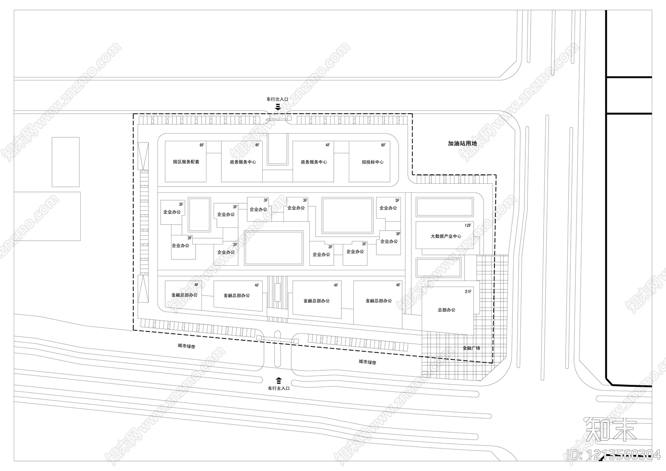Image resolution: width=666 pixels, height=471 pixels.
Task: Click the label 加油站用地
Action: (x=462, y=143)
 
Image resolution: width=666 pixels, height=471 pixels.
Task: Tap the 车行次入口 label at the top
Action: (x=277, y=100)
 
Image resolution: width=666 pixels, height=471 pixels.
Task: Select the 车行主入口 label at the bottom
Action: (x=278, y=388)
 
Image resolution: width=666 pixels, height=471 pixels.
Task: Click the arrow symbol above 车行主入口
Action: (x=278, y=379)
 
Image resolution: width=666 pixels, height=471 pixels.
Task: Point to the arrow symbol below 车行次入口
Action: (x=278, y=107)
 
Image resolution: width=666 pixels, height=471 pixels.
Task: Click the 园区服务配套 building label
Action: (x=186, y=162)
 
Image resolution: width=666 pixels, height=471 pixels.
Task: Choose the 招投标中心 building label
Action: (x=373, y=162)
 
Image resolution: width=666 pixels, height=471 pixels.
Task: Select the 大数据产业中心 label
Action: (x=446, y=236)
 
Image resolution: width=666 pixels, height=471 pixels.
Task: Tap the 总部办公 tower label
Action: (x=446, y=310)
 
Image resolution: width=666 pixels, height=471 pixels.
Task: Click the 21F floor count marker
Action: (x=468, y=292)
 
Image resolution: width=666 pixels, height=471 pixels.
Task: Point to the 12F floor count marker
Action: (x=468, y=225)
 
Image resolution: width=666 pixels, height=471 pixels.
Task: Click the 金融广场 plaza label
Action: (x=471, y=348)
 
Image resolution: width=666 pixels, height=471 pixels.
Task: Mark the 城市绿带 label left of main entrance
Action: (x=186, y=346)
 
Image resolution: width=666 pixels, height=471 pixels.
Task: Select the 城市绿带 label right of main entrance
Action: (x=367, y=362)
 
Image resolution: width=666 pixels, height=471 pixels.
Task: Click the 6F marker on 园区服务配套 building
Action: (x=202, y=145)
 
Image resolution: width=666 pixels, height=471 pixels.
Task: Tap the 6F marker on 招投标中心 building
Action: (x=383, y=145)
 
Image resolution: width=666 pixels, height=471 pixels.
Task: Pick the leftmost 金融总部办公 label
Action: (x=184, y=295)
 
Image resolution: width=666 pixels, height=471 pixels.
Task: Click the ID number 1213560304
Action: (x=614, y=454)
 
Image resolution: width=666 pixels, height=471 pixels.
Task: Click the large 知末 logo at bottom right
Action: (x=611, y=430)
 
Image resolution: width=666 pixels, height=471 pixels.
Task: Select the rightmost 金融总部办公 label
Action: (x=378, y=301)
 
